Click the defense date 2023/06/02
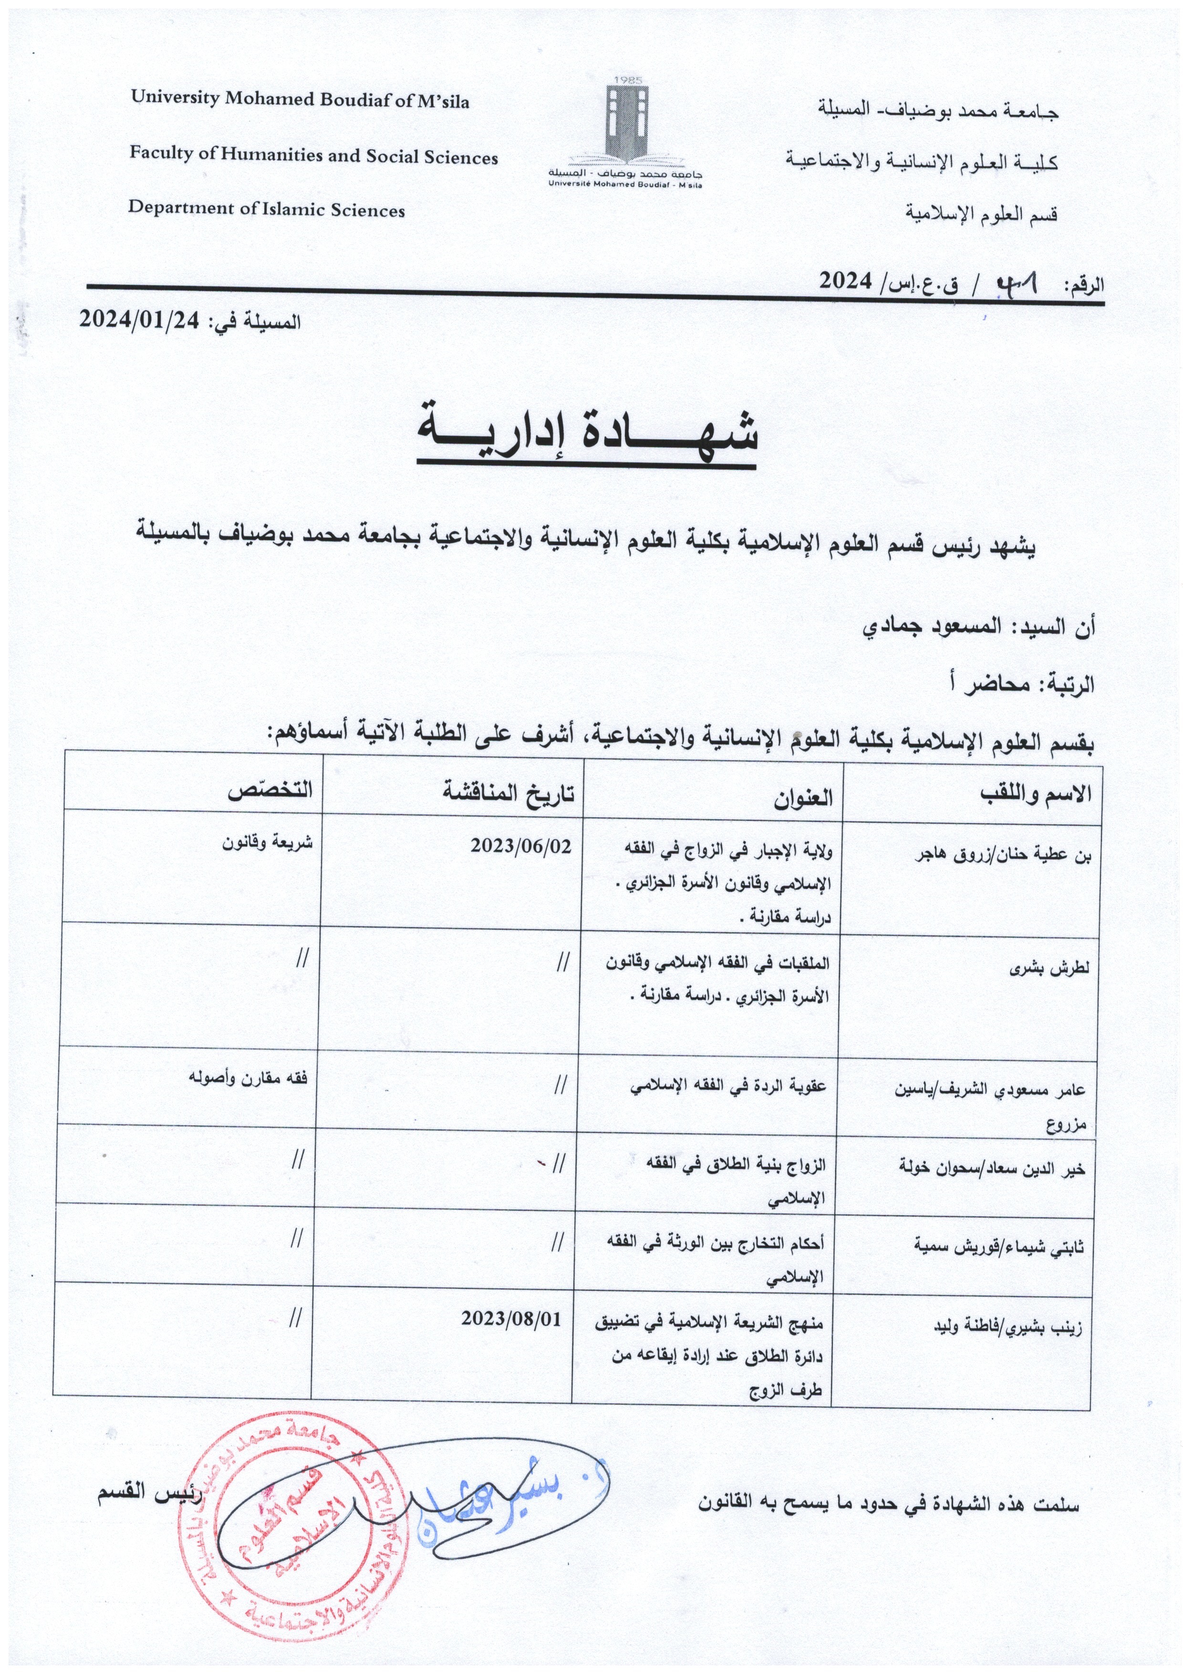[520, 845]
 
